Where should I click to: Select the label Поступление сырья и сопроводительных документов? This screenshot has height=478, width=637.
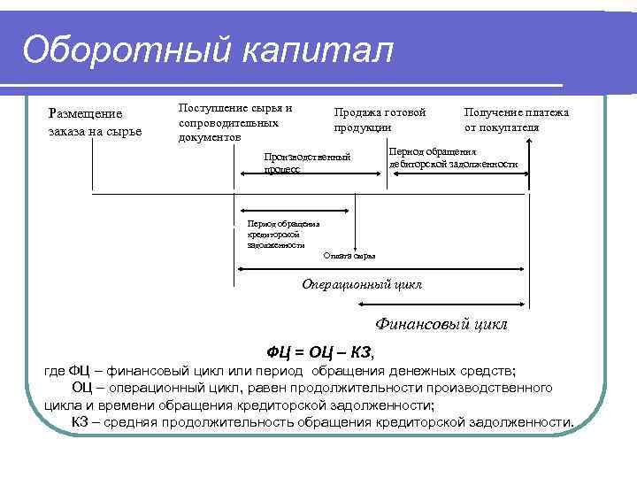coord(234,122)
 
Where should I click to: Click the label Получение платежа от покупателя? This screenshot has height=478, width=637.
coord(517,119)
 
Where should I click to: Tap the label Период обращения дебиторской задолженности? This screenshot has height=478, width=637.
coord(452,158)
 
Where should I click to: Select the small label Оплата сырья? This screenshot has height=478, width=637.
coord(349,256)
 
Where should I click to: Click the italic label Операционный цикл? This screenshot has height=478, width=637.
coord(362,284)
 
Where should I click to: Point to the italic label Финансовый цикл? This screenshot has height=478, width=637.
coord(441,324)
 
